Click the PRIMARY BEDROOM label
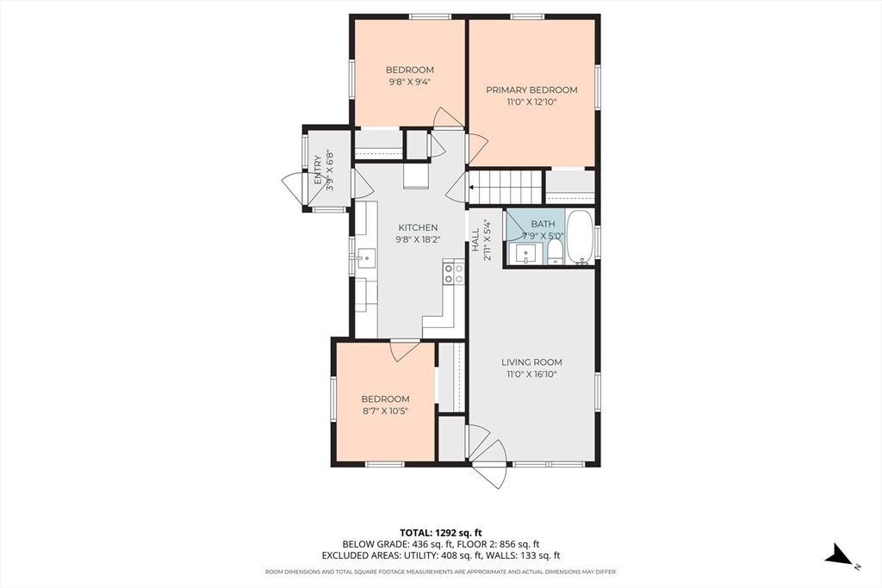(531, 90)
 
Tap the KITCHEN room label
(418, 227)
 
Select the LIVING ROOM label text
(531, 362)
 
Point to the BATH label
(543, 224)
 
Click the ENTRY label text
(318, 170)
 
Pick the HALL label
(475, 239)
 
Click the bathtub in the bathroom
(580, 237)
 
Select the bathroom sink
(526, 253)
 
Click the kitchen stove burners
(454, 274)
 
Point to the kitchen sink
(365, 258)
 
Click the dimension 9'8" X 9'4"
(409, 82)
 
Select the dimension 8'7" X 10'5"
(385, 411)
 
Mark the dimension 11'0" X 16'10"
(531, 374)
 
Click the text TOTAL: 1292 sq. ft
(441, 532)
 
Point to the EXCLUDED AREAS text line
(441, 556)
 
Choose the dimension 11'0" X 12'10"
(531, 102)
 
